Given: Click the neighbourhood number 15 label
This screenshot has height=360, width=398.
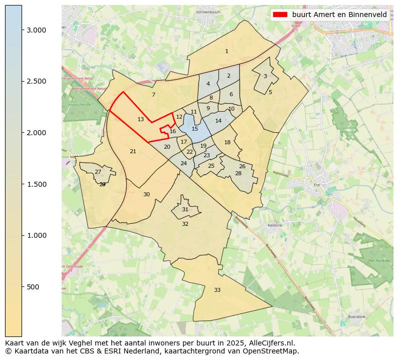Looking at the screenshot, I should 194,129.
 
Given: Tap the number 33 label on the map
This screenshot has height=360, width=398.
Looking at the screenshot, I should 217,290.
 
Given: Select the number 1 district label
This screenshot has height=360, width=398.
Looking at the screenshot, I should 227,52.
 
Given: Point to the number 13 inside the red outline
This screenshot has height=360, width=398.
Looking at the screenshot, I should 140,120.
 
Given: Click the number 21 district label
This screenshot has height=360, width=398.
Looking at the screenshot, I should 133,152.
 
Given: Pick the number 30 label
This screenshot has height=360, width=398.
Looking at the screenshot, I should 146,195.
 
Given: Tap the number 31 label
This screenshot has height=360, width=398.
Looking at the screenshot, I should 185,210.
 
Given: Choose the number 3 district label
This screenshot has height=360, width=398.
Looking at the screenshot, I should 265,77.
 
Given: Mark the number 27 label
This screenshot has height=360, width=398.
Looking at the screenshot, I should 98,172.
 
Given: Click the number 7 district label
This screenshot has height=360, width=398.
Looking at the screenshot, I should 153,95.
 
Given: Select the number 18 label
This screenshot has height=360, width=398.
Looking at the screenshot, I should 227,143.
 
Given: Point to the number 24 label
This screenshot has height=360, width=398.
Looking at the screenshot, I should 183,164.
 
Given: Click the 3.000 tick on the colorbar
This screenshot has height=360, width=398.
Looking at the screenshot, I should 36,30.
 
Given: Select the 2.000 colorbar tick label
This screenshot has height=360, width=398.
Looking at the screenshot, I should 36,133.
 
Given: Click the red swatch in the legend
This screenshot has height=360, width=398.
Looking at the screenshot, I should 280,15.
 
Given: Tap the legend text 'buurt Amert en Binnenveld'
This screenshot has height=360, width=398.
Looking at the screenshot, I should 339,15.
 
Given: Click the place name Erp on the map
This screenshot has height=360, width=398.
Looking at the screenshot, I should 316,184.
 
